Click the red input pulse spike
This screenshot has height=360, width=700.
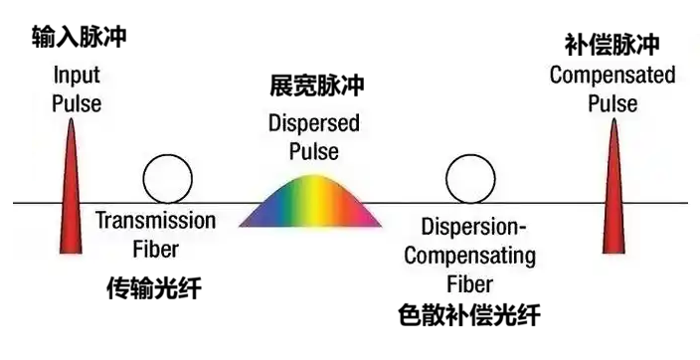pyautogui.click(x=70, y=199)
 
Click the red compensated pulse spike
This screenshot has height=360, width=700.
pyautogui.click(x=613, y=199)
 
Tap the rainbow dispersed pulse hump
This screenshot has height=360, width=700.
pyautogui.click(x=311, y=203)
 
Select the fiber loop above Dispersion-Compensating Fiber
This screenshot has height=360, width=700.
pyautogui.click(x=463, y=179)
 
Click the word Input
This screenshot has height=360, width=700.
pyautogui.click(x=77, y=76)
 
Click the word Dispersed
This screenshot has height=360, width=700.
pyautogui.click(x=314, y=125)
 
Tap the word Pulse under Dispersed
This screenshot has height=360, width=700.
pyautogui.click(x=314, y=151)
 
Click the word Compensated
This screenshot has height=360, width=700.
pyautogui.click(x=612, y=76)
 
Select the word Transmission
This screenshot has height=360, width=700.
pyautogui.click(x=155, y=221)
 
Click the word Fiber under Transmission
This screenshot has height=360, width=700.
pyautogui.click(x=155, y=248)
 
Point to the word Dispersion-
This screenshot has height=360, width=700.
pyautogui.click(x=471, y=228)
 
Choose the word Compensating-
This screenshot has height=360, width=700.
pyautogui.click(x=471, y=256)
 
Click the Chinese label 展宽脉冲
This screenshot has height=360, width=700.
pyautogui.click(x=317, y=87)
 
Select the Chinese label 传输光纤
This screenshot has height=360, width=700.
pyautogui.click(x=154, y=287)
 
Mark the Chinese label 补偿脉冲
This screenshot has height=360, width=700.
pyautogui.click(x=612, y=46)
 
